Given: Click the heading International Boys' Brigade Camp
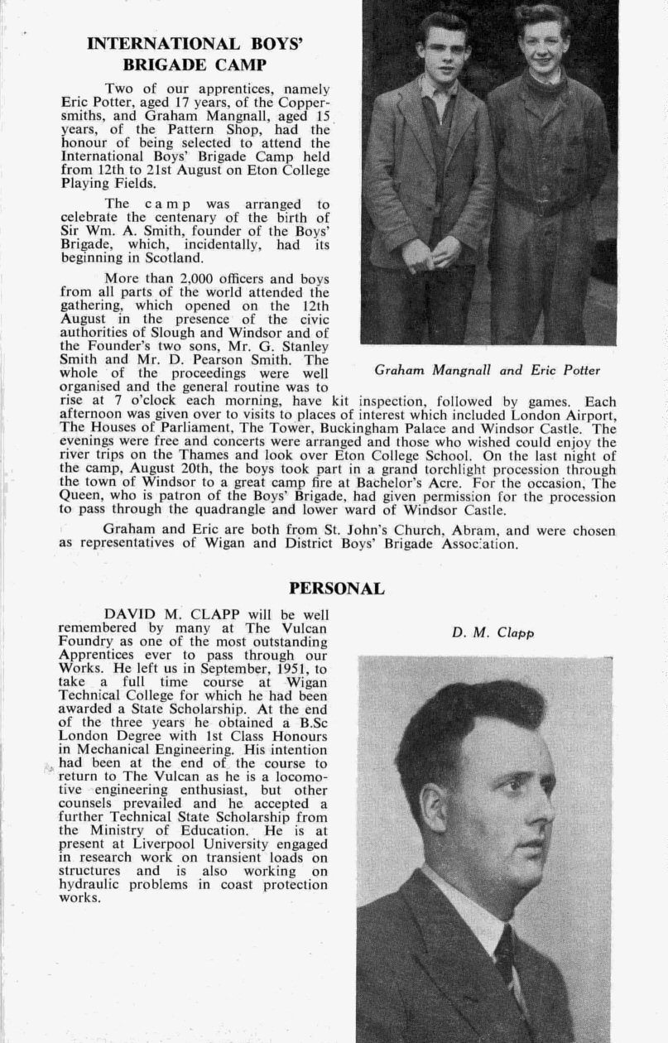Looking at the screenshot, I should [195, 54].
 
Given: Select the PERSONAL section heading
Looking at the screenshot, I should [336, 589].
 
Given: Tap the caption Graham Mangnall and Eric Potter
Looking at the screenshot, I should [488, 370].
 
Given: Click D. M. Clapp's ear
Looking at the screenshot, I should [434, 807].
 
